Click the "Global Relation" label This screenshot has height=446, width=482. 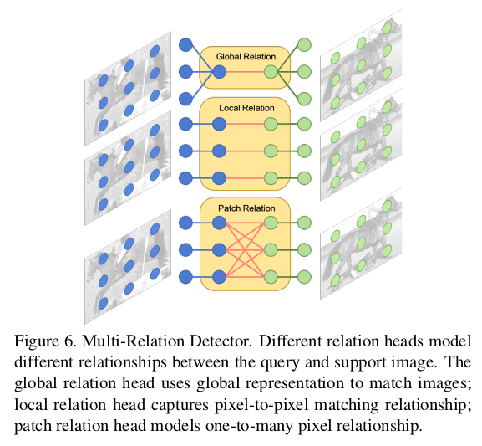pyautogui.click(x=244, y=56)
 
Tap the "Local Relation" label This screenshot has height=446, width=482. pyautogui.click(x=244, y=109)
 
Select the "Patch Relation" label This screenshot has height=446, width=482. pyautogui.click(x=244, y=208)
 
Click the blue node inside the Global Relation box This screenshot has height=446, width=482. pyautogui.click(x=219, y=73)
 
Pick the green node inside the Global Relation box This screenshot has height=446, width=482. pyautogui.click(x=270, y=73)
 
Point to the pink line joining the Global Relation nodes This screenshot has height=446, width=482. pyautogui.click(x=245, y=73)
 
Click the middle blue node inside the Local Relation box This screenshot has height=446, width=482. pyautogui.click(x=219, y=151)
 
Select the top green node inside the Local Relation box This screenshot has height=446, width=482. pyautogui.click(x=270, y=125)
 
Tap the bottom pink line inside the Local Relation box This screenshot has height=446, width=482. pyautogui.click(x=245, y=177)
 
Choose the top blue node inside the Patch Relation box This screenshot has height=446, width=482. pyautogui.click(x=219, y=223)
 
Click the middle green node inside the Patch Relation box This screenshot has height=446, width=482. pyautogui.click(x=270, y=250)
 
